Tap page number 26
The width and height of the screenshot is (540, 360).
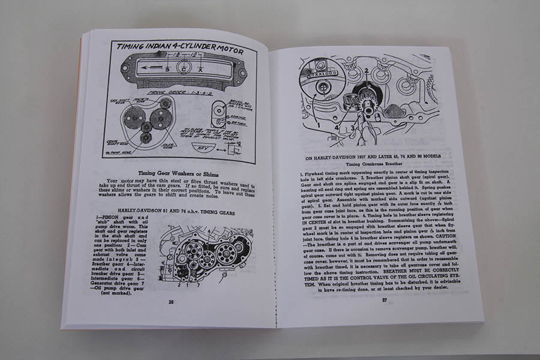pyautogui.click(x=171, y=302)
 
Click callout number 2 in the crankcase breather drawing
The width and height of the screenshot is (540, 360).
pyautogui.click(x=365, y=71)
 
